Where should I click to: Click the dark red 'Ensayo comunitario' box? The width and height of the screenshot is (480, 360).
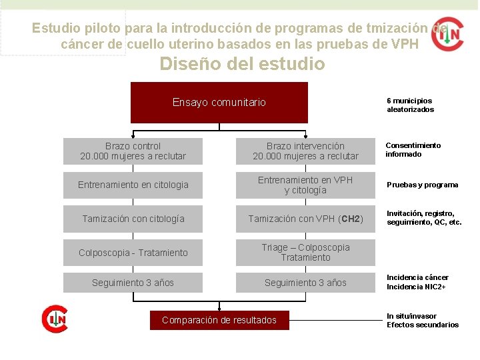coord(219,102)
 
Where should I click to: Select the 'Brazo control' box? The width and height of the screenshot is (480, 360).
coord(133,151)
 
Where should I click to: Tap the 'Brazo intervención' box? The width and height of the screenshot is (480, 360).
coord(305,151)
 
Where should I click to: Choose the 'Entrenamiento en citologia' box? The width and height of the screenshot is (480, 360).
coord(133,185)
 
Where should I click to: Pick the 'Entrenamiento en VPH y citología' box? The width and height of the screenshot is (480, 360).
coord(305,185)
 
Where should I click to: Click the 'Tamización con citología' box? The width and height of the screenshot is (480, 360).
coord(133,219)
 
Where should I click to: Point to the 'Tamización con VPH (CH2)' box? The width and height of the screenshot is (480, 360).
coord(305,219)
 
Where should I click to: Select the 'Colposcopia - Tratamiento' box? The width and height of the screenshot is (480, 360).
coord(133,253)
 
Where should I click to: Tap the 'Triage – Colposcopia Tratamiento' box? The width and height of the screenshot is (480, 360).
coord(305,253)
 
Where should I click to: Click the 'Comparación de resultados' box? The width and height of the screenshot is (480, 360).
coord(219,321)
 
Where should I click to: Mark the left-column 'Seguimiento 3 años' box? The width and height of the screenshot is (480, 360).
coord(133,283)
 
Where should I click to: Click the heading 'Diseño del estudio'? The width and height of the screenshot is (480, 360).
coord(242,64)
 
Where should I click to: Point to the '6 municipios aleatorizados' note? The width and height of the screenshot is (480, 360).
coord(410,105)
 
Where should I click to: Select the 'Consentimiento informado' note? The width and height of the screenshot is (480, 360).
coord(413,150)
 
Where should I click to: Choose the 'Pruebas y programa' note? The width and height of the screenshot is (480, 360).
coord(422,185)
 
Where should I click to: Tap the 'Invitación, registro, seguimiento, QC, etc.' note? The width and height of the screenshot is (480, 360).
coord(424,218)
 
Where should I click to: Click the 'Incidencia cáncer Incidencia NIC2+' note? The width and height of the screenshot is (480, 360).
coord(417,282)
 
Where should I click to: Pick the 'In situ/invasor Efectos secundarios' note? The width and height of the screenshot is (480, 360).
coord(423,321)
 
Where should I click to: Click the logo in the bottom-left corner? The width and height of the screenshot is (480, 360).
coord(54,319)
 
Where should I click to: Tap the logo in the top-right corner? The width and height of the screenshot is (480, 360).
coord(447,34)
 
